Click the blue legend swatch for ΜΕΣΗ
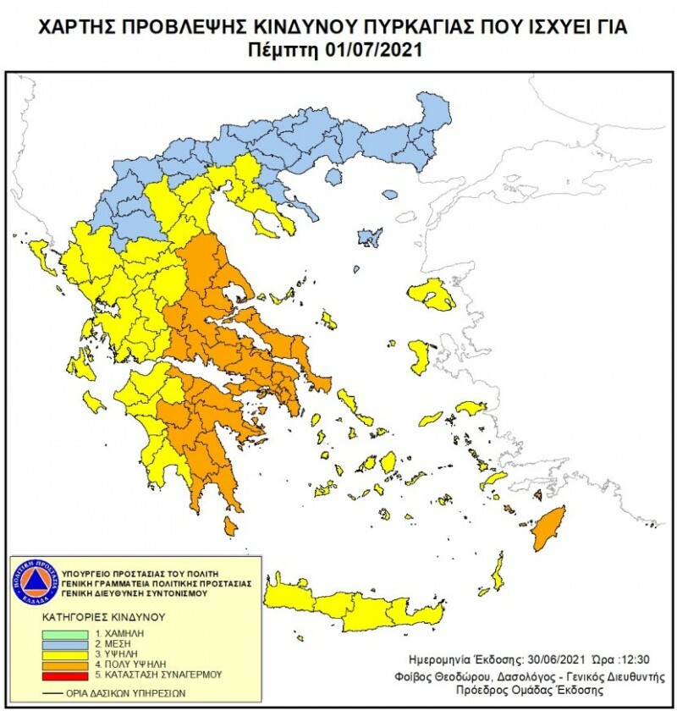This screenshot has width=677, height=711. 67,642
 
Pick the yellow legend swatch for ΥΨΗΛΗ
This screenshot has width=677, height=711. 67,653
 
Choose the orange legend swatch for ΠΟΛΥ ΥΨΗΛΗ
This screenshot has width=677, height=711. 67,664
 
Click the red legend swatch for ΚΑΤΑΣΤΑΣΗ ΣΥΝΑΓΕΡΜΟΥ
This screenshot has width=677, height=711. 67,675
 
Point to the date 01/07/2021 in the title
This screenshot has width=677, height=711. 376,50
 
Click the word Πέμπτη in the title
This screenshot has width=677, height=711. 290,50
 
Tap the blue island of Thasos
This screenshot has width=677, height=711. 333,176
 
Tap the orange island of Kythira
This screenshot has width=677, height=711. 230,526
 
